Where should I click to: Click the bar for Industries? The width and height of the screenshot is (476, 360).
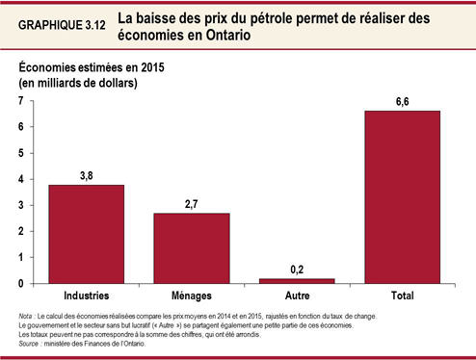[86, 234]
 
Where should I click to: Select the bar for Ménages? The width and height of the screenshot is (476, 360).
[191, 248]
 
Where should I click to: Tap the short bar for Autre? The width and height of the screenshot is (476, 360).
[297, 281]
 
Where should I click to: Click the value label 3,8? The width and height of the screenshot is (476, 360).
[86, 175]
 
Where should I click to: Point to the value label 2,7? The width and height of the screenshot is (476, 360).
[191, 204]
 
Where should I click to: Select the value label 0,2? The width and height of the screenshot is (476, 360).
[297, 270]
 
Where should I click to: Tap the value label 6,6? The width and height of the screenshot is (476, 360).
[402, 101]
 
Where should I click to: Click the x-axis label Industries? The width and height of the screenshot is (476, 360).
[86, 295]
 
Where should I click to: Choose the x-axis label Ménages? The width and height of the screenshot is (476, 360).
[191, 295]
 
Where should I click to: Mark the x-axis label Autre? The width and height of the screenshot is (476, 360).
[297, 295]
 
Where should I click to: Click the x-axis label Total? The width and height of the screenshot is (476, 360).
[402, 295]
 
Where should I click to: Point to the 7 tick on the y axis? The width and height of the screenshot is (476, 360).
[21, 101]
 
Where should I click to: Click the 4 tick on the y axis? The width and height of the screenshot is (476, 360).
[21, 179]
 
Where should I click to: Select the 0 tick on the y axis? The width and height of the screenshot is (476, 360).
[21, 284]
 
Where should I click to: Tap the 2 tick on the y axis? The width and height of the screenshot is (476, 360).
[21, 232]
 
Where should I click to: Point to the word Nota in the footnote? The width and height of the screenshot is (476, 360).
[28, 316]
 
